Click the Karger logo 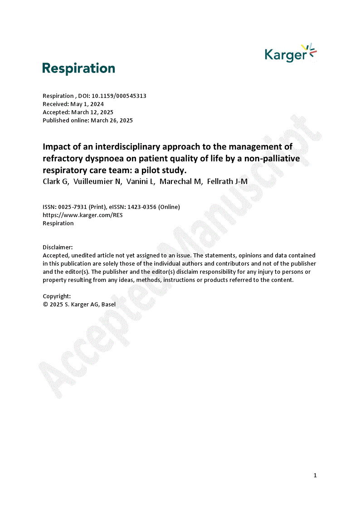290,53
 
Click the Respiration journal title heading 78,68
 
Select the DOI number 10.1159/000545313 119,96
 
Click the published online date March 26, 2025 112,121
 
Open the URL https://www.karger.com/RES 83,215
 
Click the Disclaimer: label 58,247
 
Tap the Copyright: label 57,296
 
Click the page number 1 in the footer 315,475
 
